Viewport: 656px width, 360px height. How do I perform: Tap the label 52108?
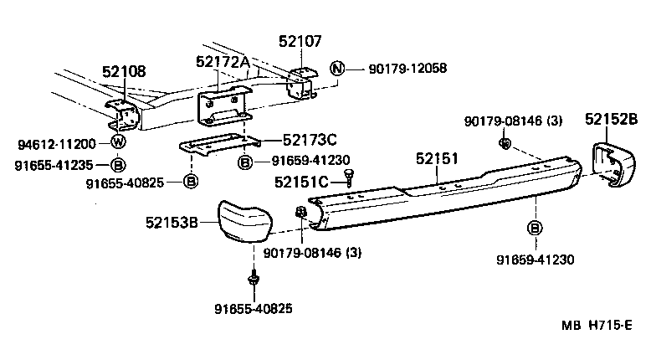coord(125,73)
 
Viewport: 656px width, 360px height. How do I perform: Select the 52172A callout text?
coord(223,61)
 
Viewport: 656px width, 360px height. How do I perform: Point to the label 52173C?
coord(310,141)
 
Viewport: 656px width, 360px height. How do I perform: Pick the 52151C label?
coord(305,179)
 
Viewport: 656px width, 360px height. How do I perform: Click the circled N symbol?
coord(337,69)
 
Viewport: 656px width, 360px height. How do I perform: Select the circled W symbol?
coord(118,143)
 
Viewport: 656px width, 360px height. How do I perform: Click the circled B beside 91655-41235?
coord(118,164)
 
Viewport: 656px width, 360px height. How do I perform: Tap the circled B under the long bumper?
coord(533,228)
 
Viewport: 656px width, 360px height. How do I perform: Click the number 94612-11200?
coord(56,144)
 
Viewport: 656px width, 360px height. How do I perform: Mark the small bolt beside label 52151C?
coord(349,177)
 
